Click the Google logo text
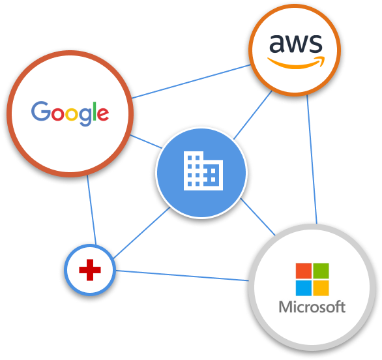click(70, 113)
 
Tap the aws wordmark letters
click(296, 44)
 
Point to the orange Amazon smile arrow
click(296, 63)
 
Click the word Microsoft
click(312, 307)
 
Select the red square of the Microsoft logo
click(304, 271)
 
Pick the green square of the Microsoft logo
click(321, 271)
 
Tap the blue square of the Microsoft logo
click(304, 288)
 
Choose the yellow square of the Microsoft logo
click(321, 288)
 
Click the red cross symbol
click(90, 270)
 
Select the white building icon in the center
click(203, 171)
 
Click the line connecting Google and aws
click(191, 82)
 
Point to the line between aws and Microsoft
click(312, 159)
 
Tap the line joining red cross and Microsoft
click(183, 275)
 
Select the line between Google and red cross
click(92, 210)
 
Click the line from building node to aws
click(253, 115)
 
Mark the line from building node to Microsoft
click(258, 217)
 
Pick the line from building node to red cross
click(142, 233)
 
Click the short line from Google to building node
click(146, 142)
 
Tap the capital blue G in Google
click(40, 111)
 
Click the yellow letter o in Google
click(72, 114)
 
